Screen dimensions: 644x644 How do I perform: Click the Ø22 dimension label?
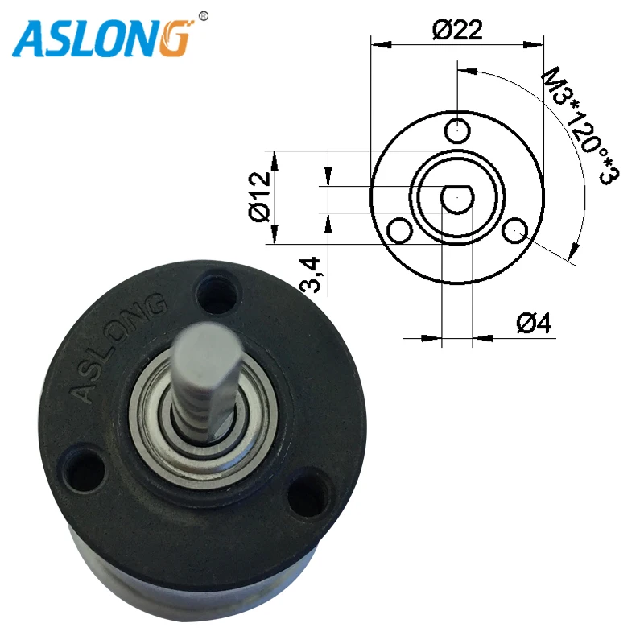coord(457,30)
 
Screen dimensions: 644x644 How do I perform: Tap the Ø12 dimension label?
coord(260,196)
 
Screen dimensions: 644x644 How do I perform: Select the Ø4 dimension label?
coord(534,323)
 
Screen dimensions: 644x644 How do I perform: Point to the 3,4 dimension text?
coord(310,275)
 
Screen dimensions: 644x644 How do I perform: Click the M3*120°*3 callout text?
coord(580,127)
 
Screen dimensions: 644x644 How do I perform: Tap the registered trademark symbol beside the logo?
coord(204,16)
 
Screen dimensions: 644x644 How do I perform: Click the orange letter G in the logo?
coord(175,38)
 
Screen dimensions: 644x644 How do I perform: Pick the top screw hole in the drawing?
coord(457,130)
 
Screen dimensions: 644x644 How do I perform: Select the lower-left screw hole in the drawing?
coord(399,231)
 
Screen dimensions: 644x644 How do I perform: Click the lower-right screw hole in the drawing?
coord(515,231)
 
